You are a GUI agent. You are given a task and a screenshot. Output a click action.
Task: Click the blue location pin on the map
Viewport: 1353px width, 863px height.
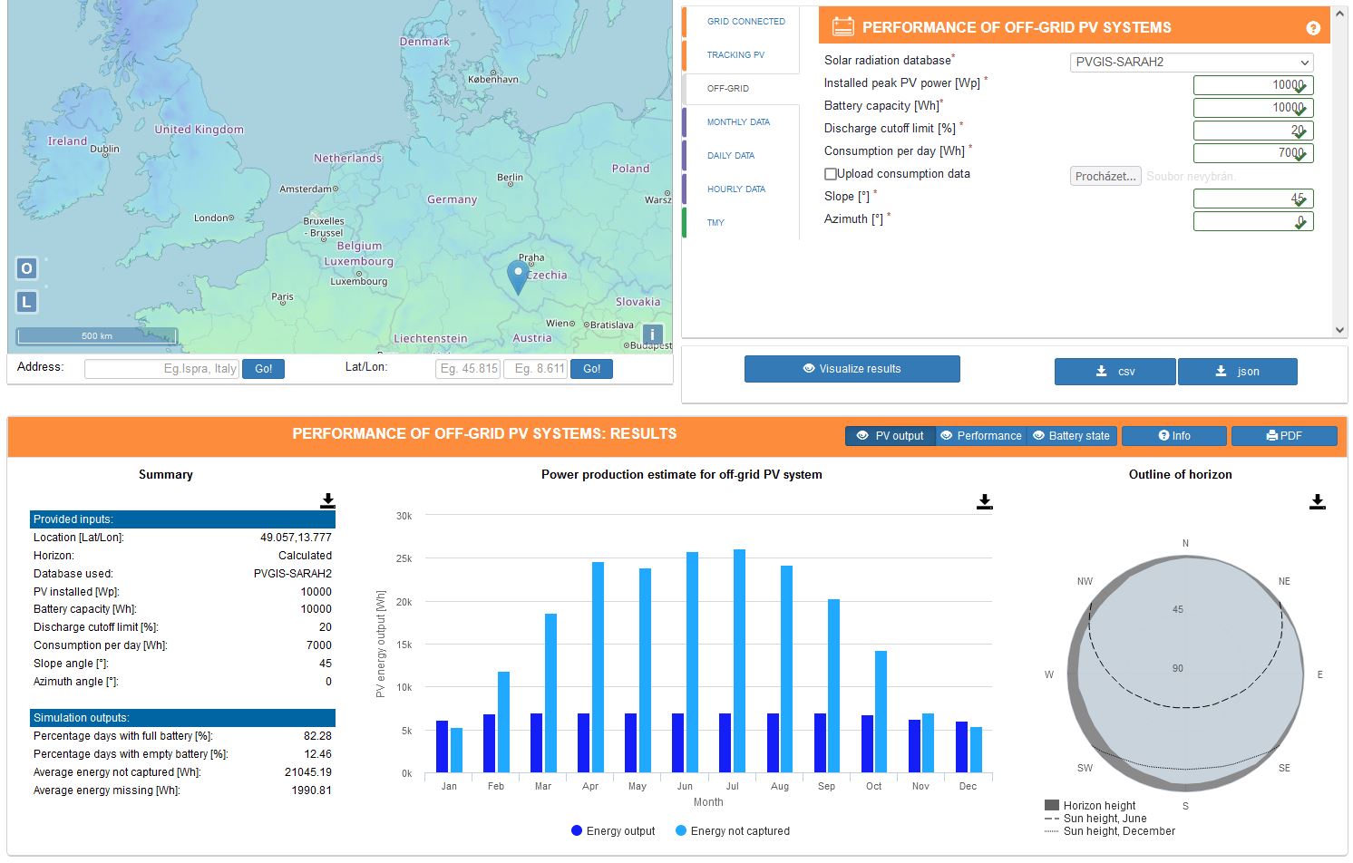point(518,275)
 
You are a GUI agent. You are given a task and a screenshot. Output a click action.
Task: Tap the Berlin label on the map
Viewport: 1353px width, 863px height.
point(510,178)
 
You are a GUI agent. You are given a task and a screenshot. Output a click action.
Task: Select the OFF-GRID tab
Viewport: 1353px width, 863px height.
point(728,88)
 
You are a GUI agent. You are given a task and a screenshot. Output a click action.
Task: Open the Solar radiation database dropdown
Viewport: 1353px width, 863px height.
point(1192,63)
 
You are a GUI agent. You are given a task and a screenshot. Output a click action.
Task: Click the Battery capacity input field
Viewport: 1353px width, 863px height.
point(1252,108)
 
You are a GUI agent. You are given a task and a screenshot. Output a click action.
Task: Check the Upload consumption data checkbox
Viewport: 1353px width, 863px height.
point(831,174)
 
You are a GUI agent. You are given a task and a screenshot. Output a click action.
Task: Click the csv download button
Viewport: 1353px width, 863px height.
point(1115,372)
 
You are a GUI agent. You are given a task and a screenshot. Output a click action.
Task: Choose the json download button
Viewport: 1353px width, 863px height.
point(1237,372)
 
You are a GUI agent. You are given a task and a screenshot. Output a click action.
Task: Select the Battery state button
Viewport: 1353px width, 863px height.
point(1071,436)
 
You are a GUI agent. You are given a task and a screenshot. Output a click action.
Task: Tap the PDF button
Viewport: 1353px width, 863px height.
point(1284,436)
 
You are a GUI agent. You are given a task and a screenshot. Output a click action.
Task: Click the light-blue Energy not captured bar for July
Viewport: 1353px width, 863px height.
point(739,661)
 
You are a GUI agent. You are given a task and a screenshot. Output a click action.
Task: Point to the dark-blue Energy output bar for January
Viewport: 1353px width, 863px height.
point(442,747)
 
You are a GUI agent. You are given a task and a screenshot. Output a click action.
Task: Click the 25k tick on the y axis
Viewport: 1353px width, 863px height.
point(404,559)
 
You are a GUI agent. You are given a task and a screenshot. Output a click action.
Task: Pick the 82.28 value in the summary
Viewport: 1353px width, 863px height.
point(317,736)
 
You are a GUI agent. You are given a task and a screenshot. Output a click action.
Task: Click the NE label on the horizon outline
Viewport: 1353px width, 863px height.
point(1284,582)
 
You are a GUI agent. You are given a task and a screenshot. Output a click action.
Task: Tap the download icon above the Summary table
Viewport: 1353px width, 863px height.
point(327,500)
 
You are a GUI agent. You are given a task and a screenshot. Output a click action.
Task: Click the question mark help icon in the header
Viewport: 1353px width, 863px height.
point(1312,28)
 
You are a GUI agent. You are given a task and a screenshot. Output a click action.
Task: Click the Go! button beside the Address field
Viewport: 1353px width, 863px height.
point(263,369)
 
